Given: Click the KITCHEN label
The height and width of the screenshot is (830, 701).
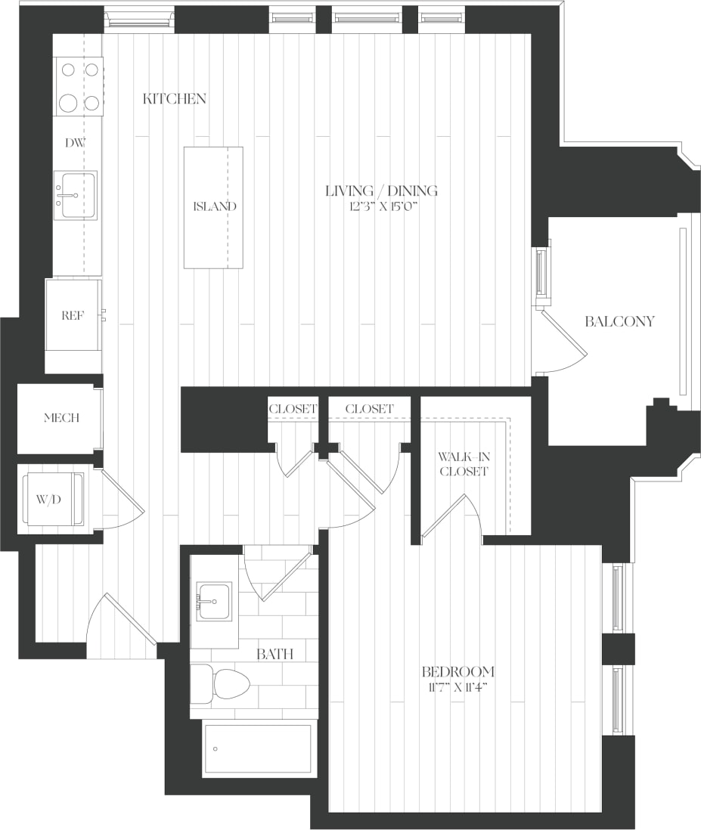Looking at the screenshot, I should pos(174,99).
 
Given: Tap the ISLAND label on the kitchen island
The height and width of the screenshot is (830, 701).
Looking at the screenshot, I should pos(214,206).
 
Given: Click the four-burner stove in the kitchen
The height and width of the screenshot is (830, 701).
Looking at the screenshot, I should pos(79,87).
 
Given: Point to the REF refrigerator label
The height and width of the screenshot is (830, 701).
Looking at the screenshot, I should pos(73,316).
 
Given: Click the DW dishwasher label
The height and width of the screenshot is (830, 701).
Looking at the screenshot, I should pos(74,142).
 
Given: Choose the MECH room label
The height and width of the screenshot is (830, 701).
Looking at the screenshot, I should pos(60,419).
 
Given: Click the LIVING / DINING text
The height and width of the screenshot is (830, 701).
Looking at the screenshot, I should pos(381,191).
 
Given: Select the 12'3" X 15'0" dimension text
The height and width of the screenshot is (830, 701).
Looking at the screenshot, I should pos(381,207).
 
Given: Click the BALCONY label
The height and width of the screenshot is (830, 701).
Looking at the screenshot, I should pos(619,321).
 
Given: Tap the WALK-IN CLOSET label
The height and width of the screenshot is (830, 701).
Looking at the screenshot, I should pos(464,463).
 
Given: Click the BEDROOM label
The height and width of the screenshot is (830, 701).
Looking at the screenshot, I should pos(458,671).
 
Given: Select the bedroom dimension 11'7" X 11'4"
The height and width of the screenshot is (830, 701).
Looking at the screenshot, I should pos(458,688).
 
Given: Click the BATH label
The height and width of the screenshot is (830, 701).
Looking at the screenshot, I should pos(275,654).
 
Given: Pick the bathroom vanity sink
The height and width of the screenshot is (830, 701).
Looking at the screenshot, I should pos(215,602).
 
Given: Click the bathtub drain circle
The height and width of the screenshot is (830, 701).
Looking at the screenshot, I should pos(216,749).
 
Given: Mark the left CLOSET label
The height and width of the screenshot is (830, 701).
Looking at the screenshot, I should pos(293,409).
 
